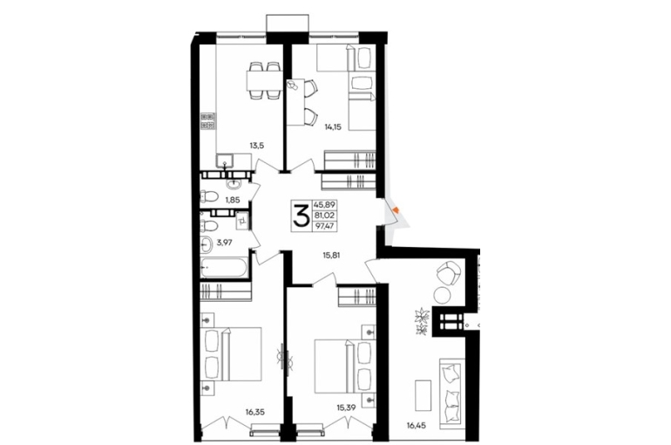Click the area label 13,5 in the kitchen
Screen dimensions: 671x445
257,145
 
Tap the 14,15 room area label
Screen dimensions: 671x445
333,127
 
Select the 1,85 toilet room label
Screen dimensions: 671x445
233,199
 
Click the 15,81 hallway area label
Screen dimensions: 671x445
332,257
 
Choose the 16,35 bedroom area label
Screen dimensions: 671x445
255,413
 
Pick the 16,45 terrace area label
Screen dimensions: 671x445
417,425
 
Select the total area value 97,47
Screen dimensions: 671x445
326,226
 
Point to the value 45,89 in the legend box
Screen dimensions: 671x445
326,205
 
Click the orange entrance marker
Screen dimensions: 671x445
396,209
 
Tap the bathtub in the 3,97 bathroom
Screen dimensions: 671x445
224,268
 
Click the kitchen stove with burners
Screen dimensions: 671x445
207,120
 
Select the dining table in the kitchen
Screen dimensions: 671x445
264,79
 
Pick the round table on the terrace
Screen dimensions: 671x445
441,295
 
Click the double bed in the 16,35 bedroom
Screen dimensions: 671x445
231,354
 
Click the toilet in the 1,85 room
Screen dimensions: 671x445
209,197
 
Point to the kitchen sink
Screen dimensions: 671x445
225,161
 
